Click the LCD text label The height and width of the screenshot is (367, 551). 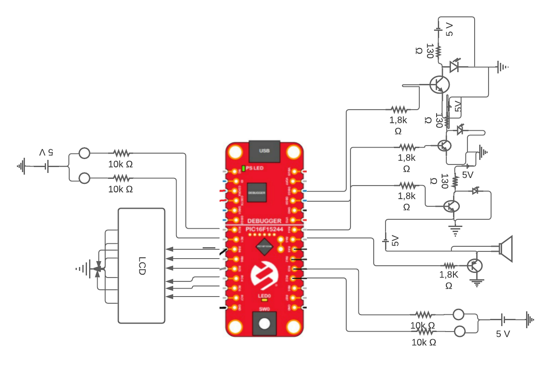point(141,266)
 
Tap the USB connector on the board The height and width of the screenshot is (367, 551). point(264,151)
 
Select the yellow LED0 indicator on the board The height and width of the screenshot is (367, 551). point(265,301)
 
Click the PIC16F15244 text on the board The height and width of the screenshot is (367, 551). point(264,229)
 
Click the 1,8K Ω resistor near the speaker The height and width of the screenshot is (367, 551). point(449,265)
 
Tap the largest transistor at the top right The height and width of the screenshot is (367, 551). point(439,84)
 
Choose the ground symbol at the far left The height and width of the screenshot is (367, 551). point(21,166)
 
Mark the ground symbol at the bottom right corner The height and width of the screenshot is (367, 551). point(529,320)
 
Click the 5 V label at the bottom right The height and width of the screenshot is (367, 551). point(503,334)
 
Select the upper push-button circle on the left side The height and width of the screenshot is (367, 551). point(84,153)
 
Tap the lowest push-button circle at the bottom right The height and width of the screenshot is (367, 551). point(459,332)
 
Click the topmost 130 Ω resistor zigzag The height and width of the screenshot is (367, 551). point(438,51)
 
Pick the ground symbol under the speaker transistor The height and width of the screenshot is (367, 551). point(477,283)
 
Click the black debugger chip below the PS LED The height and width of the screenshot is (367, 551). point(257,192)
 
